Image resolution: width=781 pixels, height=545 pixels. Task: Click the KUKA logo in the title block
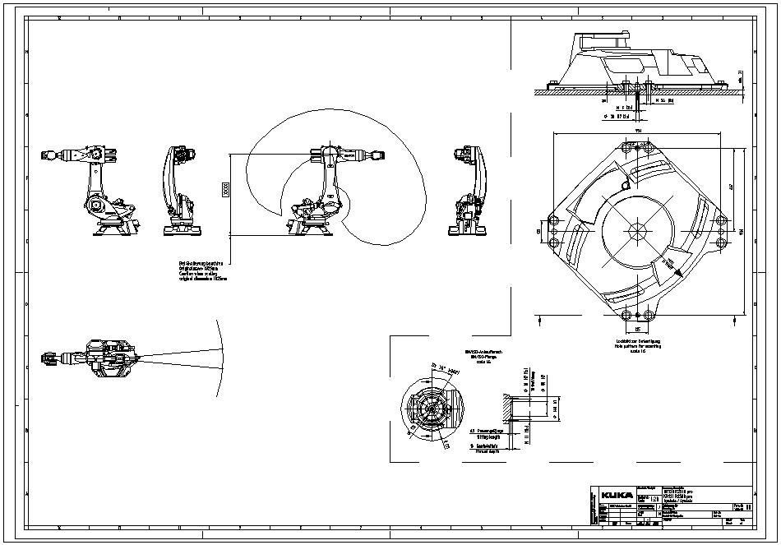click(617, 495)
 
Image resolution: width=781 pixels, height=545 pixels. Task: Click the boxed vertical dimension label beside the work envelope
click(225, 190)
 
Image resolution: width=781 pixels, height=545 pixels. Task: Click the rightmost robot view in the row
click(468, 191)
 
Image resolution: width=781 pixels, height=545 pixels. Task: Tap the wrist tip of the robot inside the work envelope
click(379, 153)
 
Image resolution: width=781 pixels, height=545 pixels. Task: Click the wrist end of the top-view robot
click(47, 358)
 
